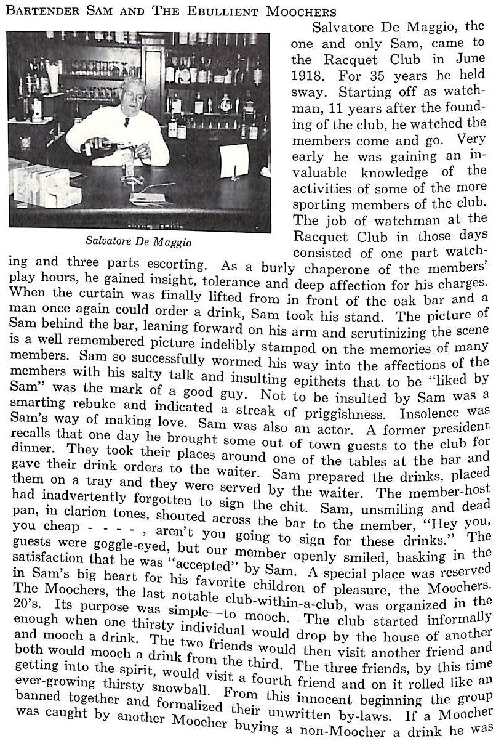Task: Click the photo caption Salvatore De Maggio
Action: coord(140,242)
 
